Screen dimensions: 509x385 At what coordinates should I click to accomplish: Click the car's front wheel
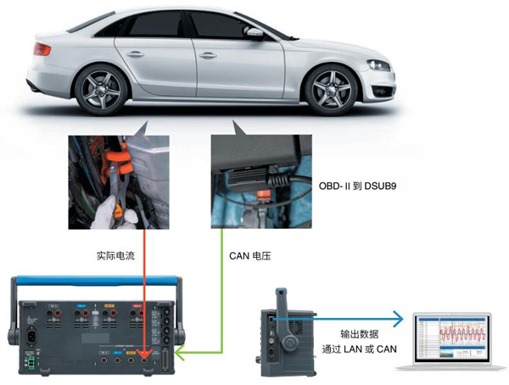(331, 89)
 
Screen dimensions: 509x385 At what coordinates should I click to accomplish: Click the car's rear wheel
(101, 89)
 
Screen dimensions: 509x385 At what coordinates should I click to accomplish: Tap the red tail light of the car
(42, 49)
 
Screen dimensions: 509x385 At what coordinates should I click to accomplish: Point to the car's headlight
(378, 65)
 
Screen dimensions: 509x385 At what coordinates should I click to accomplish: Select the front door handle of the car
(208, 55)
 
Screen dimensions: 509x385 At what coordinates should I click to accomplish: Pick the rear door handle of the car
(135, 54)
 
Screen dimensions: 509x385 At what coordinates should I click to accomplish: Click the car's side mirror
(255, 32)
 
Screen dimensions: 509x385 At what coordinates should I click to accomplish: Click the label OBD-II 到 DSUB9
(357, 186)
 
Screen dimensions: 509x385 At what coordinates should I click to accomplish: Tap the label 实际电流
(115, 256)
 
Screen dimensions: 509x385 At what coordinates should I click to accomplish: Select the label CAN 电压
(250, 256)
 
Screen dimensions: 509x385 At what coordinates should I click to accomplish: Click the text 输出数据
(360, 334)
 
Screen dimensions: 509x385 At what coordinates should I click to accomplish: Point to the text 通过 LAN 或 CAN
(360, 349)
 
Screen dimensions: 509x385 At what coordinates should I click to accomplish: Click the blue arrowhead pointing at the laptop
(398, 319)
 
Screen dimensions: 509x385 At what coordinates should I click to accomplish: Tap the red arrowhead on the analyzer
(144, 354)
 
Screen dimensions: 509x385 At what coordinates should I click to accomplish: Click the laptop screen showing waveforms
(451, 338)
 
